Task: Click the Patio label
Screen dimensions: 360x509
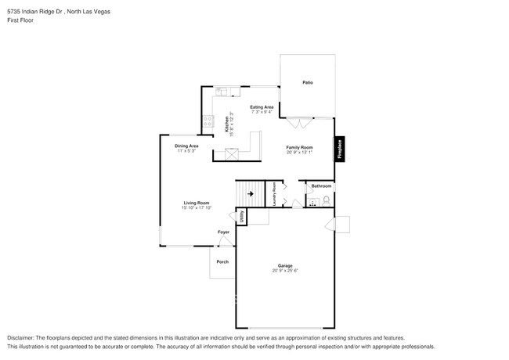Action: [x=308, y=82]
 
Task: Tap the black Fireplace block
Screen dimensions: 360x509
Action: [x=340, y=149]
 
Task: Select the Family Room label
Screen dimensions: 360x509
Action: [x=299, y=147]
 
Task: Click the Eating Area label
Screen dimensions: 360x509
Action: [x=262, y=107]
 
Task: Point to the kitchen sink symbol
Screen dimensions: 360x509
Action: [x=221, y=92]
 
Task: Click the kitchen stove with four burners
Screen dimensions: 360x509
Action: [x=208, y=121]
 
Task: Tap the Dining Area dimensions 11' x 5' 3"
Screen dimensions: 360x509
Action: [x=186, y=150]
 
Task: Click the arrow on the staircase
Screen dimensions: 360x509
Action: [x=251, y=192]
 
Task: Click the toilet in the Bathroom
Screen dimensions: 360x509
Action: [x=326, y=201]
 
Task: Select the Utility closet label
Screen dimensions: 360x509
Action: [x=242, y=217]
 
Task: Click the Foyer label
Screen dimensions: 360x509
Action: [x=223, y=232]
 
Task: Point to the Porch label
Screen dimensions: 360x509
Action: [x=222, y=261]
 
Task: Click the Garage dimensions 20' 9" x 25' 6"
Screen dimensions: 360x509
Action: [x=286, y=271]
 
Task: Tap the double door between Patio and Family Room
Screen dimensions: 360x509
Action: [x=298, y=121]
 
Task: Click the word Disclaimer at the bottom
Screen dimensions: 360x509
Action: [x=22, y=337]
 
